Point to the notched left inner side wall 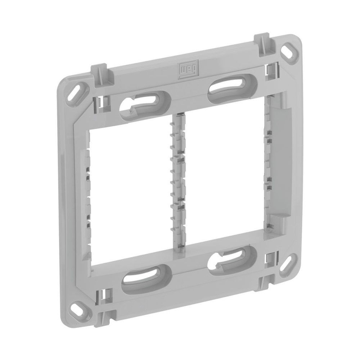tap(86, 194)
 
